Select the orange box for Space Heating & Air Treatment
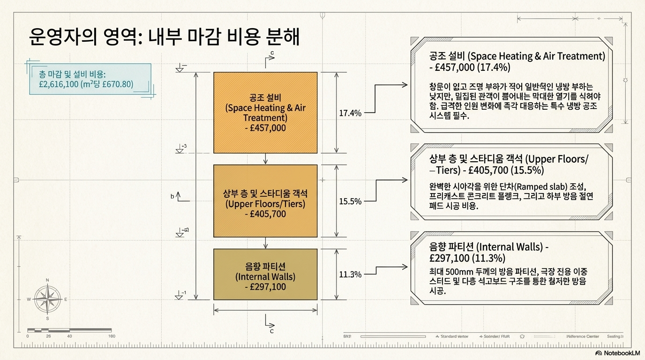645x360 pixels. tap(265, 112)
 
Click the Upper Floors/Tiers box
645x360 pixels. tap(265, 201)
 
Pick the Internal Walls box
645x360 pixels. tap(265, 274)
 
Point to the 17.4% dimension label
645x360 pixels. tap(350, 113)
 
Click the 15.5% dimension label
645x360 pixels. tap(350, 201)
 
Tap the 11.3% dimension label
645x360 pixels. tap(350, 274)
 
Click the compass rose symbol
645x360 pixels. tap(47, 299)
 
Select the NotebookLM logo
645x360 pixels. tap(617, 353)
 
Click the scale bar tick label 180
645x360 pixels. tap(112, 336)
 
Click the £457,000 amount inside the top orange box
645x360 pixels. tap(265, 128)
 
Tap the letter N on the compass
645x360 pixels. tap(47, 280)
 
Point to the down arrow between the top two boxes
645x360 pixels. tap(266, 160)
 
